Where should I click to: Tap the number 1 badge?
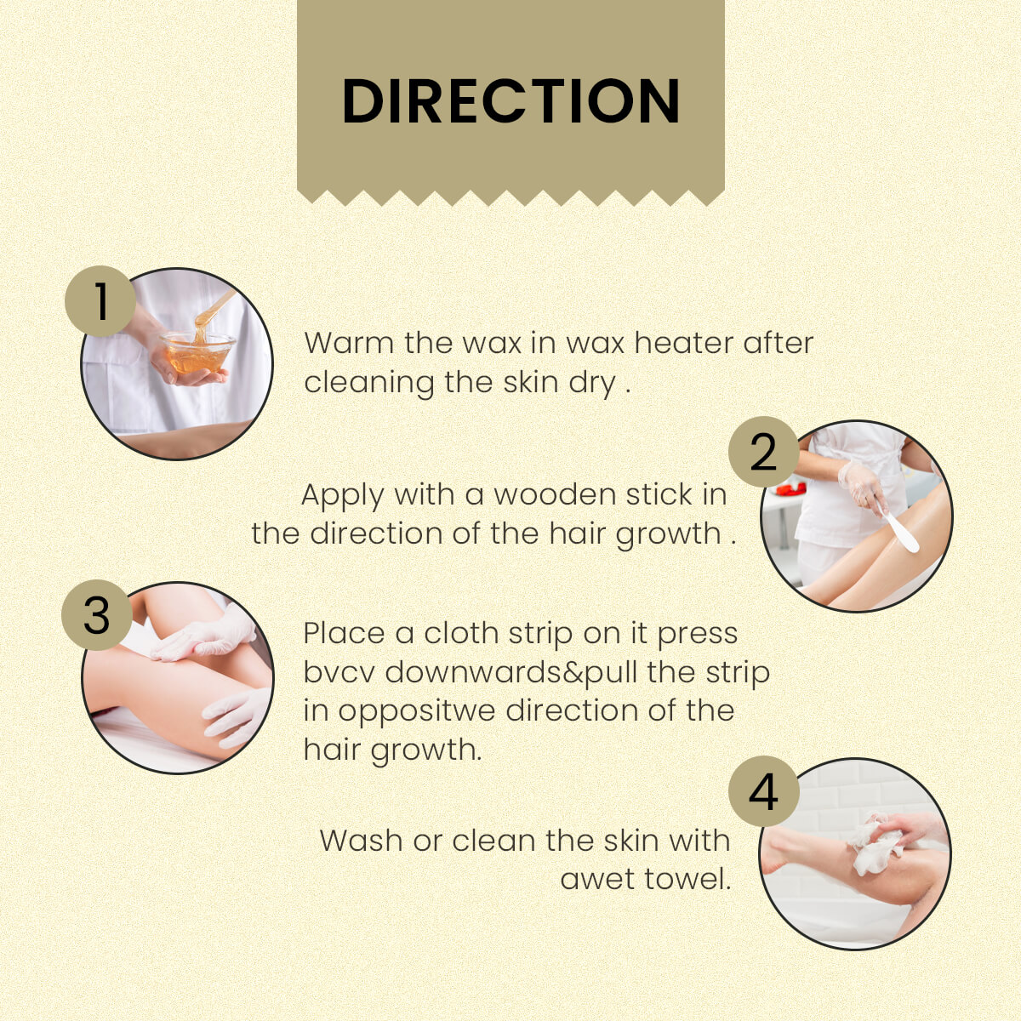click(100, 301)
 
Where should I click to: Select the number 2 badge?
click(763, 452)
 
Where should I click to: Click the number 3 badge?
click(97, 614)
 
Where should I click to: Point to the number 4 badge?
click(763, 791)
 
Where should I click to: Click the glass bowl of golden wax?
click(197, 351)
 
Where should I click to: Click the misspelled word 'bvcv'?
click(339, 672)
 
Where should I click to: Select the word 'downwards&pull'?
click(511, 672)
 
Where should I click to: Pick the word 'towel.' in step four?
click(687, 879)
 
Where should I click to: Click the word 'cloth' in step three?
click(461, 633)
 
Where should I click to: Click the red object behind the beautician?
click(791, 488)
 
